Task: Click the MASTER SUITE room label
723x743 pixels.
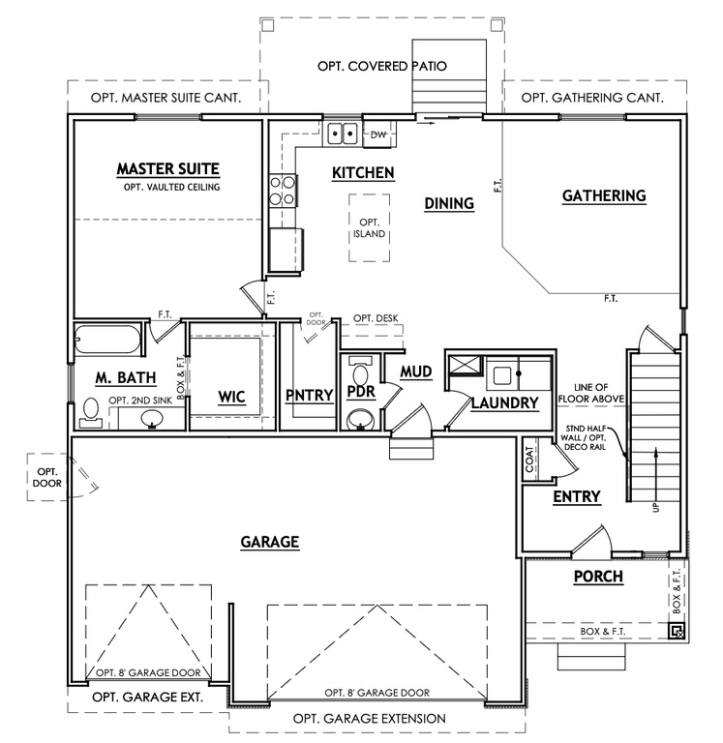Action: click(x=167, y=168)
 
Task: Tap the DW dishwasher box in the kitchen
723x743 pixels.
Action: click(x=378, y=135)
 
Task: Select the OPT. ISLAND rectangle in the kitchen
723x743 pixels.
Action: click(x=369, y=227)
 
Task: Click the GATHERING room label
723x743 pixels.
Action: click(x=603, y=196)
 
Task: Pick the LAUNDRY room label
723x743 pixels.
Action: click(x=503, y=403)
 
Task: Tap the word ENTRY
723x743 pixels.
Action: click(x=577, y=497)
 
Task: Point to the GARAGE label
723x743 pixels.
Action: click(x=268, y=542)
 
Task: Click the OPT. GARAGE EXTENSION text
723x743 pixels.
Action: click(x=370, y=718)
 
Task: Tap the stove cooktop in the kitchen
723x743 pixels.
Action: click(x=282, y=191)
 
